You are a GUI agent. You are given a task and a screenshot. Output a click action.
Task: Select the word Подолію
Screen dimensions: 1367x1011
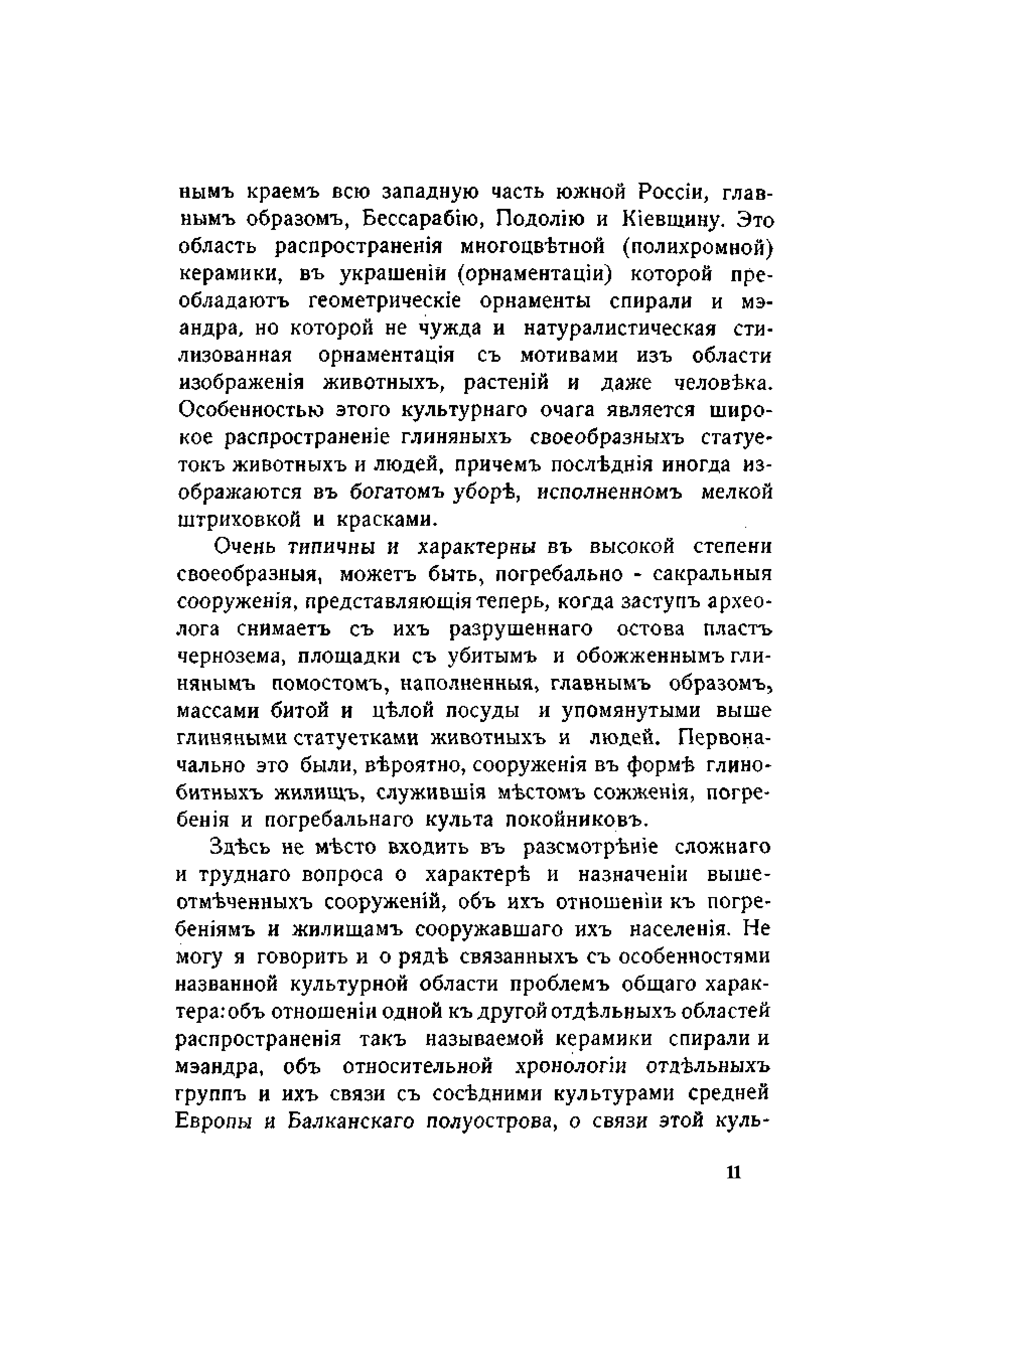[x=537, y=219]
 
